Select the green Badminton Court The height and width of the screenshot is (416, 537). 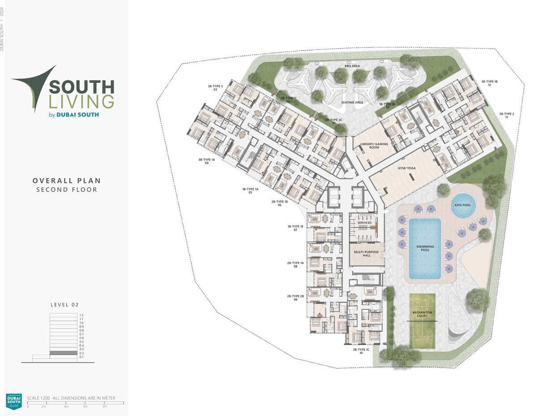(x=422, y=321)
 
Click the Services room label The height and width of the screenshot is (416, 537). (x=364, y=223)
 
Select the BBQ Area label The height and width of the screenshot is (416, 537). (x=352, y=66)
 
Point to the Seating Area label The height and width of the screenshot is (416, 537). (x=352, y=102)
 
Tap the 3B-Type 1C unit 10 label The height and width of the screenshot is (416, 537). (x=361, y=351)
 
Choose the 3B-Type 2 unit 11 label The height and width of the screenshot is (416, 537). (x=507, y=115)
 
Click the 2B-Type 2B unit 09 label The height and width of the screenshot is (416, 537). (x=295, y=298)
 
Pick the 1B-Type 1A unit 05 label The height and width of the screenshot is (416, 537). (x=251, y=191)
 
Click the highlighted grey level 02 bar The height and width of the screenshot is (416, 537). (x=63, y=353)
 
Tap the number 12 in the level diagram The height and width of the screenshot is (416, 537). (x=81, y=315)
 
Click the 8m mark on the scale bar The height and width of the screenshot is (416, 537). (x=105, y=406)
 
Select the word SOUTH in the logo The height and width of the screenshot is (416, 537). (x=81, y=87)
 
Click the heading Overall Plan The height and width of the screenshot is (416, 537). (x=67, y=181)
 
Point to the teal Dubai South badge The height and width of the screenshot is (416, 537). (x=13, y=401)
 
